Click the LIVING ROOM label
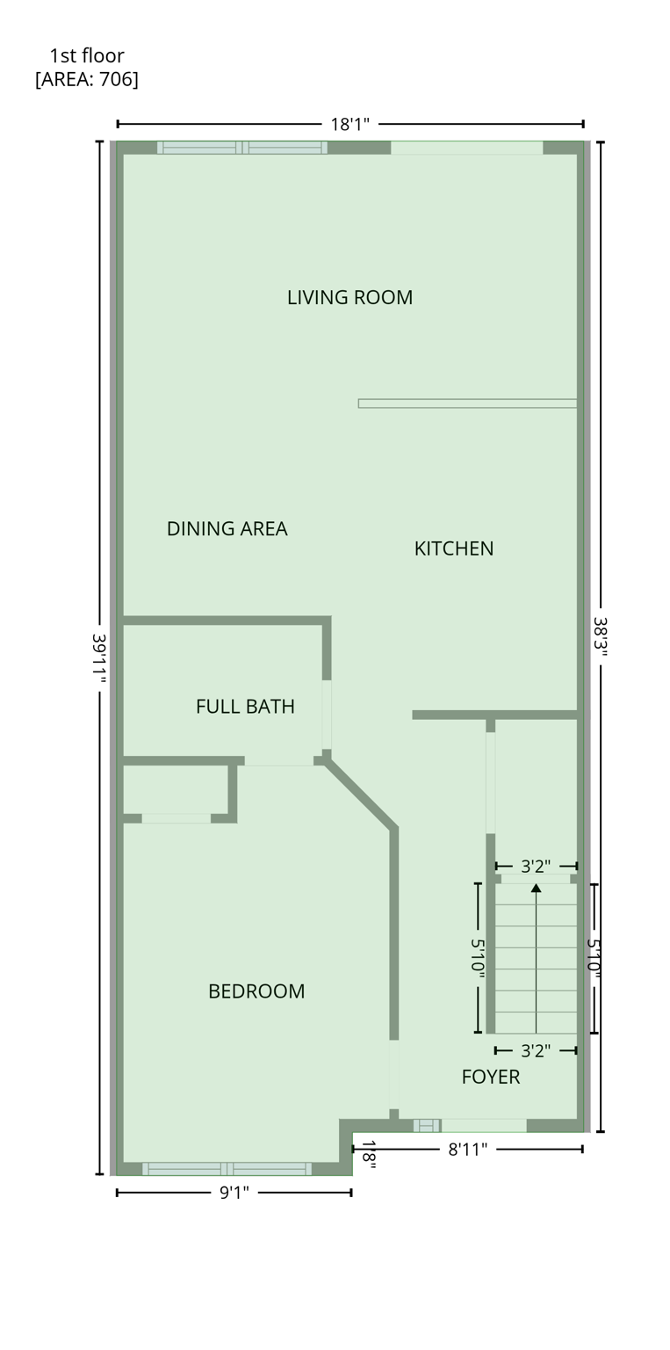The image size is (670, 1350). point(349,297)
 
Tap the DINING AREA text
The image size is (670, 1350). point(227,528)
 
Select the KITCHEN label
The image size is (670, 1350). point(453,548)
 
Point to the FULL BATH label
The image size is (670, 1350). point(245,707)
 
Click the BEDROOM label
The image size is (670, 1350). point(256,991)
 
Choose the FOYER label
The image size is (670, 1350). point(490,1077)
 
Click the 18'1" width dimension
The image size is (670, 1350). point(349,125)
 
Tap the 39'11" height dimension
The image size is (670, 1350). point(99,659)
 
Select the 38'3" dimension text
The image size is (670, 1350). point(600,638)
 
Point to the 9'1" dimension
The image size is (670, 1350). point(234,1193)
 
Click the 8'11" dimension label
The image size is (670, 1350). point(467,1150)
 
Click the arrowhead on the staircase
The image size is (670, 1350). point(536,889)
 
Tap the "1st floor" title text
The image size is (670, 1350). point(86,56)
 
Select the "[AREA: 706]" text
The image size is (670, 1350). point(86,79)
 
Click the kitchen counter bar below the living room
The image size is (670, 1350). point(467,403)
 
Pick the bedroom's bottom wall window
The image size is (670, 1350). point(227,1168)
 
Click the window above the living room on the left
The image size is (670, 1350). point(241,148)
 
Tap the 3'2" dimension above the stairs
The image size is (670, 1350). point(536,867)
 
